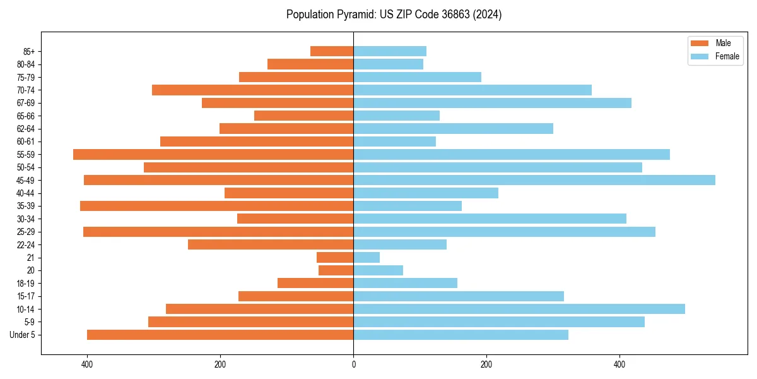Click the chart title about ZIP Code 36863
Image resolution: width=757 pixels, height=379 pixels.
click(394, 15)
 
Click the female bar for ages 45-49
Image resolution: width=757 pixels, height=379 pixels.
click(534, 180)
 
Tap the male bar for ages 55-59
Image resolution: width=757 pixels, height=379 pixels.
click(213, 154)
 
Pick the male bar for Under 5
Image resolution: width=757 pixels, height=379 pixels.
click(220, 335)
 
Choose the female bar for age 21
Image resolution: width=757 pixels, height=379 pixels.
click(367, 257)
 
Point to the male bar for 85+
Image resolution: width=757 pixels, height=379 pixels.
click(332, 51)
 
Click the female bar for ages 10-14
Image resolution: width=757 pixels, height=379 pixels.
click(519, 309)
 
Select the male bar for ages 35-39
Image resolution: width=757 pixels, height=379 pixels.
click(216, 206)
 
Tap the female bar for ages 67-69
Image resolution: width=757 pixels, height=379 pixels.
click(492, 103)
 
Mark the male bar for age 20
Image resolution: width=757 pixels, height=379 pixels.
click(336, 270)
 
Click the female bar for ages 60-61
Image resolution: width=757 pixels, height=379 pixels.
click(394, 141)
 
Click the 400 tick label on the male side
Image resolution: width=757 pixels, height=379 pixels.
click(87, 364)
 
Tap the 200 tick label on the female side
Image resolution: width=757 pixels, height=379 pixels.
click(486, 364)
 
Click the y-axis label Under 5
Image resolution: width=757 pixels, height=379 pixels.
click(23, 335)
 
